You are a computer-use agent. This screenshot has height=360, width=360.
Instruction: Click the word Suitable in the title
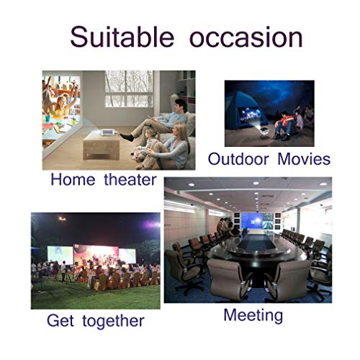(x=122, y=37)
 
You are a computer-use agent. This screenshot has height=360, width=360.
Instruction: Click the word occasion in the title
(x=246, y=38)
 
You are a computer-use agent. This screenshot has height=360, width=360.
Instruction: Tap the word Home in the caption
(x=73, y=179)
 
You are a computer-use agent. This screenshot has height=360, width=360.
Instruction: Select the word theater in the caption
(x=130, y=179)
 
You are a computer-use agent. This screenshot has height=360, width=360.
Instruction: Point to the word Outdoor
(x=238, y=159)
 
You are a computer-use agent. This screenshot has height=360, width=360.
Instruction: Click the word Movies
(x=304, y=159)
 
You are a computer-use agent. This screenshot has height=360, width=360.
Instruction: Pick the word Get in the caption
(x=60, y=320)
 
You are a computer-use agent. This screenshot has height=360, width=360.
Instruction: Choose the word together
(x=113, y=321)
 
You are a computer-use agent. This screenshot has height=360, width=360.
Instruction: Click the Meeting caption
(x=253, y=315)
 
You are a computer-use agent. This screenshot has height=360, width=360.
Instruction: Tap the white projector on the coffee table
(x=108, y=132)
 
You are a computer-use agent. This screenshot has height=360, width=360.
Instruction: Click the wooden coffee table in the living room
(x=102, y=145)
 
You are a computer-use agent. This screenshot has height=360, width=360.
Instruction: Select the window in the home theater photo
(x=129, y=89)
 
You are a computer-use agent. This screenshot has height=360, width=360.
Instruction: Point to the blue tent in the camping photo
(x=245, y=114)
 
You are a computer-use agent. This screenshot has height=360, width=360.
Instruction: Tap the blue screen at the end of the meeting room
(x=252, y=220)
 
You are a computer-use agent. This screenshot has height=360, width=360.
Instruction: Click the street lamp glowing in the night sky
(x=62, y=219)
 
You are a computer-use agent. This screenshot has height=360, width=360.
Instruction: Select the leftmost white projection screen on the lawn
(x=60, y=255)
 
